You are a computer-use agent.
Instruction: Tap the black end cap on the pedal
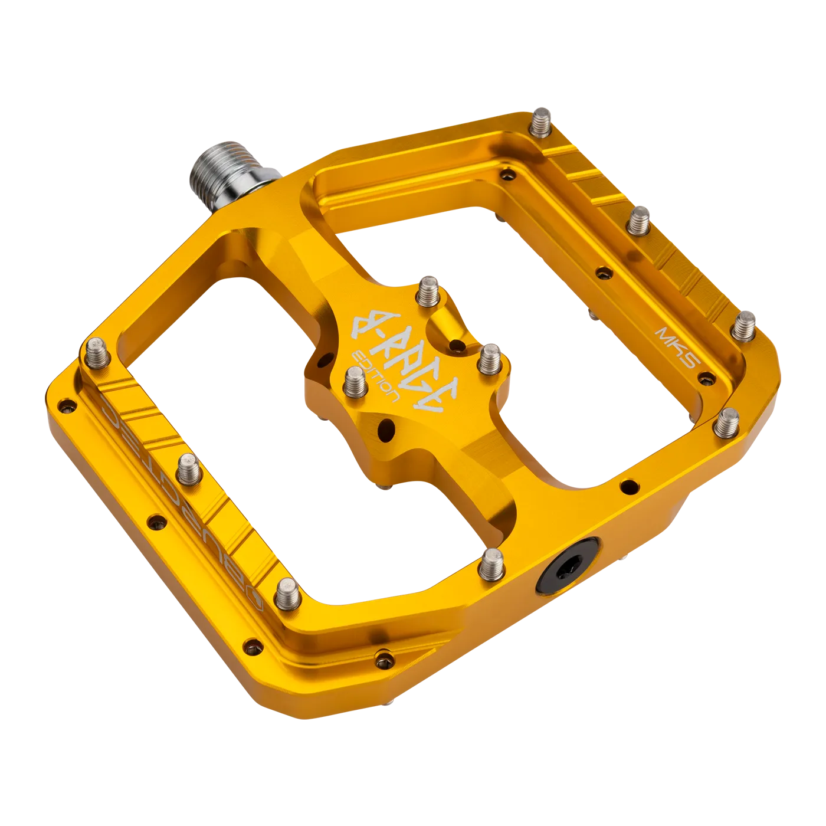pyautogui.click(x=563, y=569)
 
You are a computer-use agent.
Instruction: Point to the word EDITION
pyautogui.click(x=378, y=378)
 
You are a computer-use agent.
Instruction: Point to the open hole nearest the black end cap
pyautogui.click(x=629, y=487)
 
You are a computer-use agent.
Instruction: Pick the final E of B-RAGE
pyautogui.click(x=444, y=402)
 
